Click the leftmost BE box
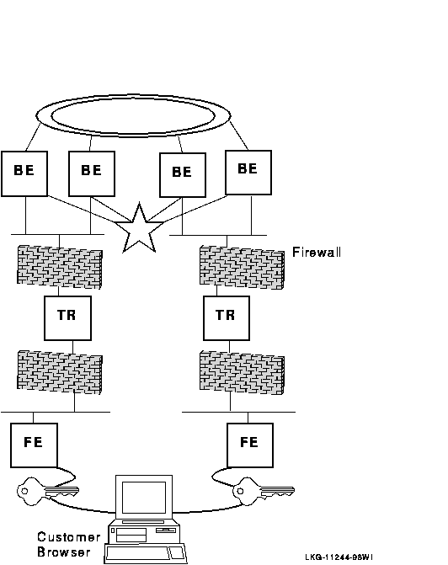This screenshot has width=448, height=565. pos(24,173)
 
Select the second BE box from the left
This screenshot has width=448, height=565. pos(92,173)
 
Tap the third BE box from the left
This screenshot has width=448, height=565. pos(183,175)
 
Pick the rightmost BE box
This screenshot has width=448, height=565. pos(248,173)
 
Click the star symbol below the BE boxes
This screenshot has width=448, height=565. pos(139,231)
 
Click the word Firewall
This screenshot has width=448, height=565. pos(317,252)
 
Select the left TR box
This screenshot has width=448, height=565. pos(67,318)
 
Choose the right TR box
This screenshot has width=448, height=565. pos(227,318)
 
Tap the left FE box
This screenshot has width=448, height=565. pos(34,445)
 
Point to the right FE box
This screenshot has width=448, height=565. pos(250,445)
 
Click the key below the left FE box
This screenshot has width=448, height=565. pos(47,491)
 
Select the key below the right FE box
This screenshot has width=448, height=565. pos(264,491)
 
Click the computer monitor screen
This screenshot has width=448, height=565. pos(144,498)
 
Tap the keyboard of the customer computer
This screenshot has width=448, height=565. pos(146,554)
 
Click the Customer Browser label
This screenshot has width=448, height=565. pos(69,545)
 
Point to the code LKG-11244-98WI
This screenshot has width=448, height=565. pos(339,557)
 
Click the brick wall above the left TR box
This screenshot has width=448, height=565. pos(60,267)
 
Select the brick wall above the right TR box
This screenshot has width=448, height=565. pos(243,268)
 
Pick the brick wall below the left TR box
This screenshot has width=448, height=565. pos(60,372)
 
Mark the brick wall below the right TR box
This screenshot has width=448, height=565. pos(243,372)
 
